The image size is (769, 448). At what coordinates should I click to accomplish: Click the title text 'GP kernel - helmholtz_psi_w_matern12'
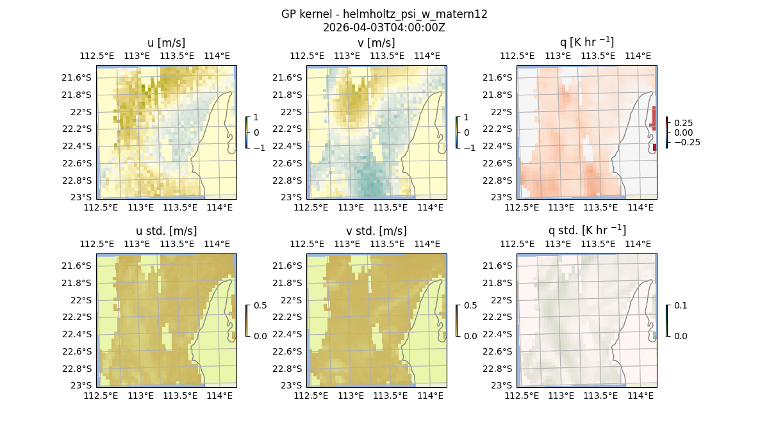tap(384, 14)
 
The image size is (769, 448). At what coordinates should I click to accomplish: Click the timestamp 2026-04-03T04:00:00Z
tap(384, 28)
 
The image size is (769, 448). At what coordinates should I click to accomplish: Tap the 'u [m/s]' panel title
tap(166, 43)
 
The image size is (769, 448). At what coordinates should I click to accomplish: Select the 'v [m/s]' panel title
tap(376, 43)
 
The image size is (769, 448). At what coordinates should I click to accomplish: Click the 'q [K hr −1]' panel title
tap(586, 42)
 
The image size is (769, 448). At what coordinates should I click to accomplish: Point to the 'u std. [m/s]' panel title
tap(166, 231)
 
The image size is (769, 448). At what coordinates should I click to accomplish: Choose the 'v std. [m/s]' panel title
tap(376, 231)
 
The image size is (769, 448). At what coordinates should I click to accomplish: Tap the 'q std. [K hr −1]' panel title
tap(586, 230)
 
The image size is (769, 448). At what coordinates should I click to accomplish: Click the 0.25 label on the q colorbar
tap(683, 123)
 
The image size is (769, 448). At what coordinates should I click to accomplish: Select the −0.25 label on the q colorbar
tap(686, 142)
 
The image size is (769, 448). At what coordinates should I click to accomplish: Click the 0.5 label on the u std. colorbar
tap(260, 305)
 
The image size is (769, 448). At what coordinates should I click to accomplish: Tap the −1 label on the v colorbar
tap(470, 147)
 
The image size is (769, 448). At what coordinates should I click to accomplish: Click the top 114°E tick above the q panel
tap(638, 56)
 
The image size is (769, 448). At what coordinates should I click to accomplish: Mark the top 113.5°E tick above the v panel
tap(387, 56)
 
